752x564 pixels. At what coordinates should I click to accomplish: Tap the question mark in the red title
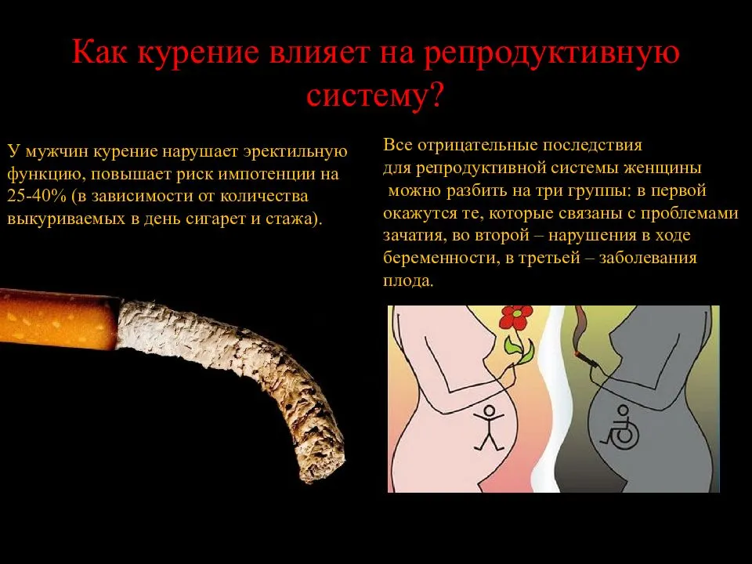435,95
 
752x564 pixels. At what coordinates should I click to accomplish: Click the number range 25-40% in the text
37,197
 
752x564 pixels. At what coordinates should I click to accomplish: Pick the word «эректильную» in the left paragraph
295,151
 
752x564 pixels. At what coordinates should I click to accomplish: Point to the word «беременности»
440,258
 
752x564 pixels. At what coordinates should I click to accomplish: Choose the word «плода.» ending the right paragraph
407,280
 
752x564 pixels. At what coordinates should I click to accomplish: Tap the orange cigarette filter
57,319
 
